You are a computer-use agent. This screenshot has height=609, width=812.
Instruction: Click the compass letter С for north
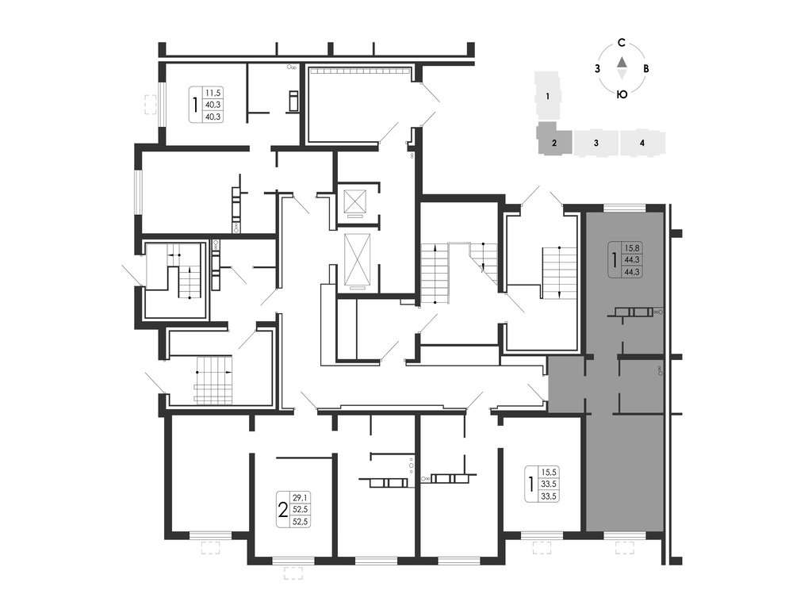coord(622,43)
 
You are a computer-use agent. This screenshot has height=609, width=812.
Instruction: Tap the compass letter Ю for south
coord(622,94)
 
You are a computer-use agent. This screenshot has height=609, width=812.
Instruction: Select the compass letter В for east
coord(645,68)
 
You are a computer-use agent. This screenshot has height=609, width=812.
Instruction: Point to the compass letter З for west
coord(598,68)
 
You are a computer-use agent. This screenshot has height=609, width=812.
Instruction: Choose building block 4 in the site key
coord(642,143)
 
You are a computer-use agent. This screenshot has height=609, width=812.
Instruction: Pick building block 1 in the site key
coord(547,96)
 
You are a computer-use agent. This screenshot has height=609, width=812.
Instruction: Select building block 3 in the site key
coord(596,143)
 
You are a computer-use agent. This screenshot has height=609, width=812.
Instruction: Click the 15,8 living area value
coord(632,248)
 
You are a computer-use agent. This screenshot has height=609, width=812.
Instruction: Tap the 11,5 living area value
coord(213,93)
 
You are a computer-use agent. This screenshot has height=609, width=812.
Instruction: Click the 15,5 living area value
coord(549,473)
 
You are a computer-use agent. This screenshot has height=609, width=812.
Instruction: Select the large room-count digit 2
coord(283,510)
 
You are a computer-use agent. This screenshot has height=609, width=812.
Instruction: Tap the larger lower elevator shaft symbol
coord(358,259)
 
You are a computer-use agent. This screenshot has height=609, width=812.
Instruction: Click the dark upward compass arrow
coord(622,62)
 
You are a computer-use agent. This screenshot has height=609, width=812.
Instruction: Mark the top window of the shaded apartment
coord(625,209)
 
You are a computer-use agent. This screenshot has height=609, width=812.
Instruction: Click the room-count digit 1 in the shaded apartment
coord(615,260)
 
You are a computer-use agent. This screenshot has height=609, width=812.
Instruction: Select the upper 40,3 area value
coord(213,105)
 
